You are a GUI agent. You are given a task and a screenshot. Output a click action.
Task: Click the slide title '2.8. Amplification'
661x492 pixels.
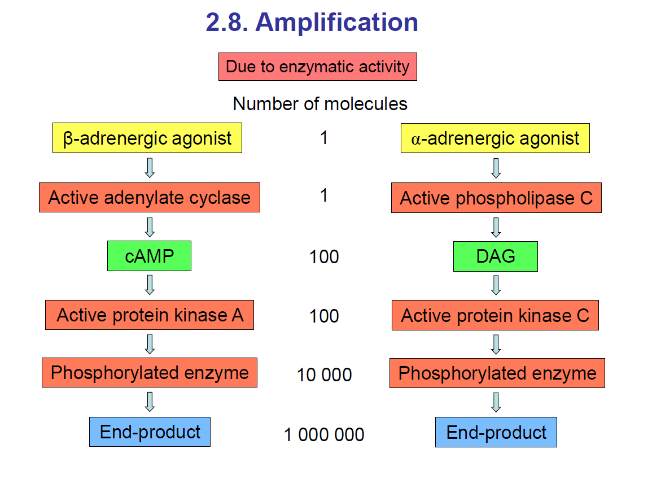click(x=312, y=22)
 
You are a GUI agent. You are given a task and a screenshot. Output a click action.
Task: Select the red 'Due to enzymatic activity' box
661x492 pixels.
click(x=317, y=67)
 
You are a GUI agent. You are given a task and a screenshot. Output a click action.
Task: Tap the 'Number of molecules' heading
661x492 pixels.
click(x=320, y=104)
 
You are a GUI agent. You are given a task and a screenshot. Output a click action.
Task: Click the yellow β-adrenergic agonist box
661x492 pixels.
click(x=147, y=138)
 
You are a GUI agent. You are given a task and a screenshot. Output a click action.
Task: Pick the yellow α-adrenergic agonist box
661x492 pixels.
click(x=495, y=138)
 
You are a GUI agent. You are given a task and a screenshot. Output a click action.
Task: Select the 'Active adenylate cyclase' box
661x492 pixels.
click(x=150, y=198)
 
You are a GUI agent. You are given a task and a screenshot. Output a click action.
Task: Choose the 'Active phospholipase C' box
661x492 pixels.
click(x=496, y=198)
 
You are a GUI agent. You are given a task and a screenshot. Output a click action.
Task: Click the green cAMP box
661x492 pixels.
click(x=149, y=256)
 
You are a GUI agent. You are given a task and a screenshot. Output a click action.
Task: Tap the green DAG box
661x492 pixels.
click(x=496, y=256)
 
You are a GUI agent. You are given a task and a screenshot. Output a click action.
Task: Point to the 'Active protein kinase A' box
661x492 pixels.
click(x=150, y=315)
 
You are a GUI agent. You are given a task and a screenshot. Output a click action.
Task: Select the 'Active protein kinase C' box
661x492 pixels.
click(x=495, y=315)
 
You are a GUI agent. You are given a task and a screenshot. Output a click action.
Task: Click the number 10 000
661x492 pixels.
click(x=324, y=375)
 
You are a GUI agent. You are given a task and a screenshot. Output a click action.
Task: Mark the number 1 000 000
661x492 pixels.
click(x=324, y=434)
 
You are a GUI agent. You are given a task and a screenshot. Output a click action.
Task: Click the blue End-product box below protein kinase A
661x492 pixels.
click(x=150, y=432)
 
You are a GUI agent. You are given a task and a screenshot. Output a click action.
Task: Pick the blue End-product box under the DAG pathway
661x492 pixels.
click(x=496, y=433)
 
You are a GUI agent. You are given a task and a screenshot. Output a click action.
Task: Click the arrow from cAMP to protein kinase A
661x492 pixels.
click(x=150, y=285)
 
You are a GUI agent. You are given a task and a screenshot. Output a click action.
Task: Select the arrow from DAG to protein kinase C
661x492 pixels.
click(x=496, y=285)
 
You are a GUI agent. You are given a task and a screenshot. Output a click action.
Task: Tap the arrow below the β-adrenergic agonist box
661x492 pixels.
click(x=150, y=168)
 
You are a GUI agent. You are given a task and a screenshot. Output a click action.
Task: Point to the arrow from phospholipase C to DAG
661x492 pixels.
click(x=496, y=228)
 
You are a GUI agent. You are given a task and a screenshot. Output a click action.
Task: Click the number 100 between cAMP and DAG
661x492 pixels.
click(x=324, y=256)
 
